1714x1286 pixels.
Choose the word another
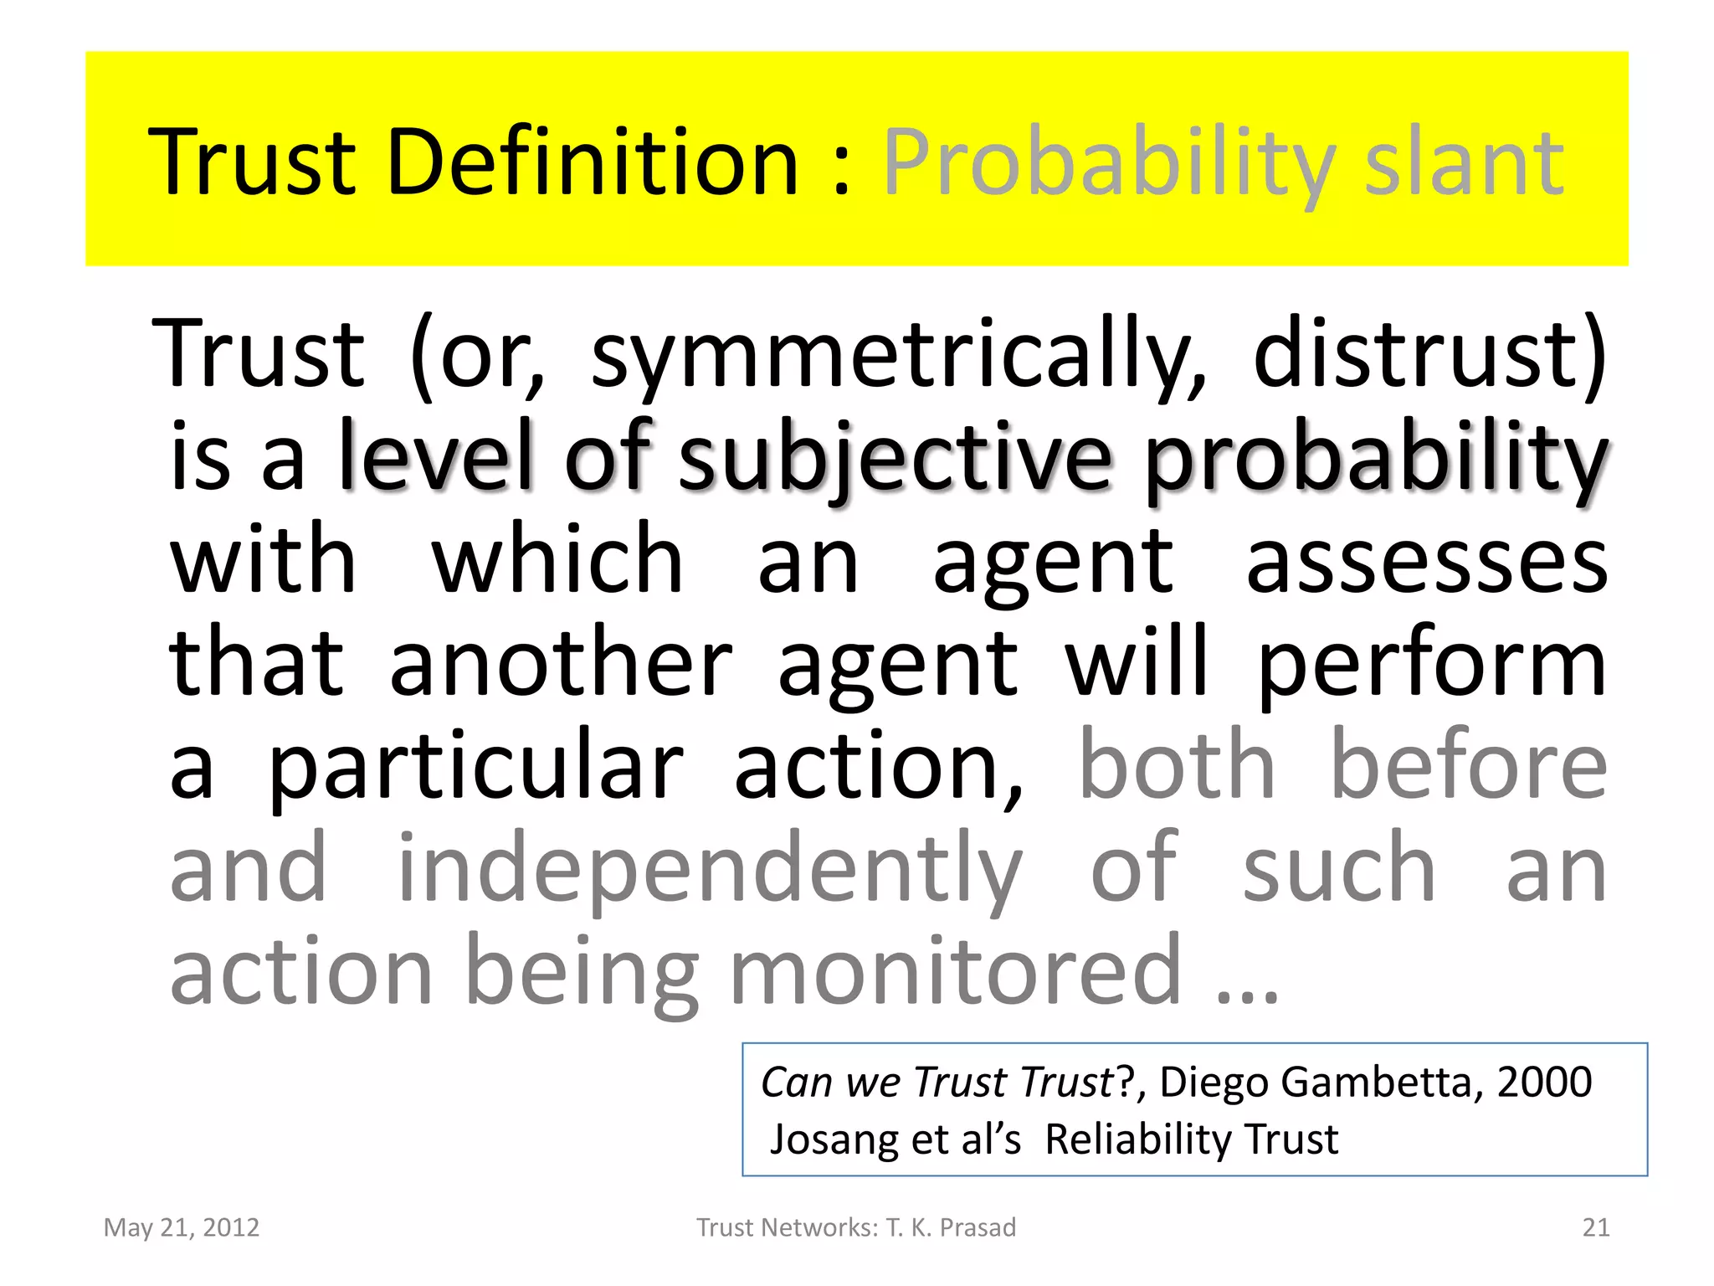(561, 663)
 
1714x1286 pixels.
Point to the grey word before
(1469, 764)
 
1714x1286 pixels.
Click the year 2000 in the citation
(1544, 1082)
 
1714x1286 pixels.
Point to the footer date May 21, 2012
(182, 1227)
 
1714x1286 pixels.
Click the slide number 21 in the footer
(1596, 1227)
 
